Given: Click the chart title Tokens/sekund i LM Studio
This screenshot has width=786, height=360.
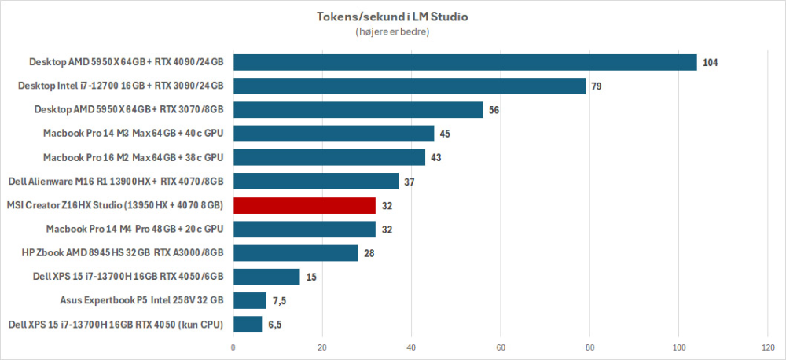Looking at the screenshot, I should tap(393, 17).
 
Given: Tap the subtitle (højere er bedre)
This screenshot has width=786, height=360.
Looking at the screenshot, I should tap(393, 32).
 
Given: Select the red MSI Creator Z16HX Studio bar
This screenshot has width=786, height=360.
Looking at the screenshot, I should tap(304, 206).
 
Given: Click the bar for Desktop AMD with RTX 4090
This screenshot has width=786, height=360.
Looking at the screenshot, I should tap(465, 62).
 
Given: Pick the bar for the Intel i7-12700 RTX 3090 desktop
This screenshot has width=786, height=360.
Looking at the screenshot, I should tap(409, 86).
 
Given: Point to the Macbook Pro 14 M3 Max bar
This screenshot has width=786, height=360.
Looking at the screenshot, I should tap(333, 134).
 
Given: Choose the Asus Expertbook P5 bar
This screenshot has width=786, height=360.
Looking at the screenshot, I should tap(250, 300).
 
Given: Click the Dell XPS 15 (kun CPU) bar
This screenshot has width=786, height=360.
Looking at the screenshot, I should tap(248, 324).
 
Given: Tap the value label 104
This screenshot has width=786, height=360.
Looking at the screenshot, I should tap(711, 62).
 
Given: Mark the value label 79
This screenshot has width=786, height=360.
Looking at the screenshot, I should tap(597, 86).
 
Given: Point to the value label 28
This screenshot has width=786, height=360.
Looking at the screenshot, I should tap(369, 253).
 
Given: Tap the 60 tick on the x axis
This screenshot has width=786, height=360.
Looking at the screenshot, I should tap(501, 347).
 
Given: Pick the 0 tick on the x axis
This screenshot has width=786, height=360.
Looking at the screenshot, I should tap(233, 347).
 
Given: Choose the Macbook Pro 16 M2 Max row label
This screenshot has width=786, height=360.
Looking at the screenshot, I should tap(134, 157).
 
